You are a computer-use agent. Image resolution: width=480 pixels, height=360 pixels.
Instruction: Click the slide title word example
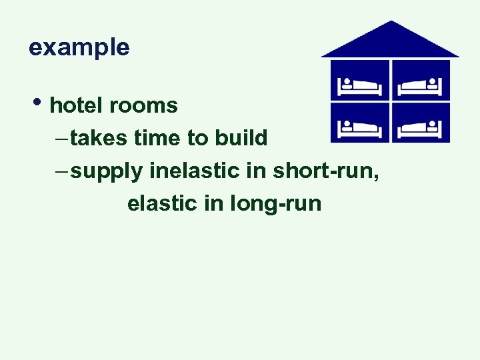tap(79, 48)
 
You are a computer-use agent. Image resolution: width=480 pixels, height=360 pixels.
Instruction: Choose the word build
tap(241, 138)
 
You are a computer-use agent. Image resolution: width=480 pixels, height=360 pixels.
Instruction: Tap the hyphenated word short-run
tap(326, 171)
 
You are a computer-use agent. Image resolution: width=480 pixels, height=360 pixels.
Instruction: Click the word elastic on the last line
tap(162, 203)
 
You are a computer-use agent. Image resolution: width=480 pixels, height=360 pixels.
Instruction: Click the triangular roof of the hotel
tap(391, 42)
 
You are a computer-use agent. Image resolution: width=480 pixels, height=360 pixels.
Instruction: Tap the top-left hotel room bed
tap(360, 86)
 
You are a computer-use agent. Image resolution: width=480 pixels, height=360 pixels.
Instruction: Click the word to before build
tap(197, 138)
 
